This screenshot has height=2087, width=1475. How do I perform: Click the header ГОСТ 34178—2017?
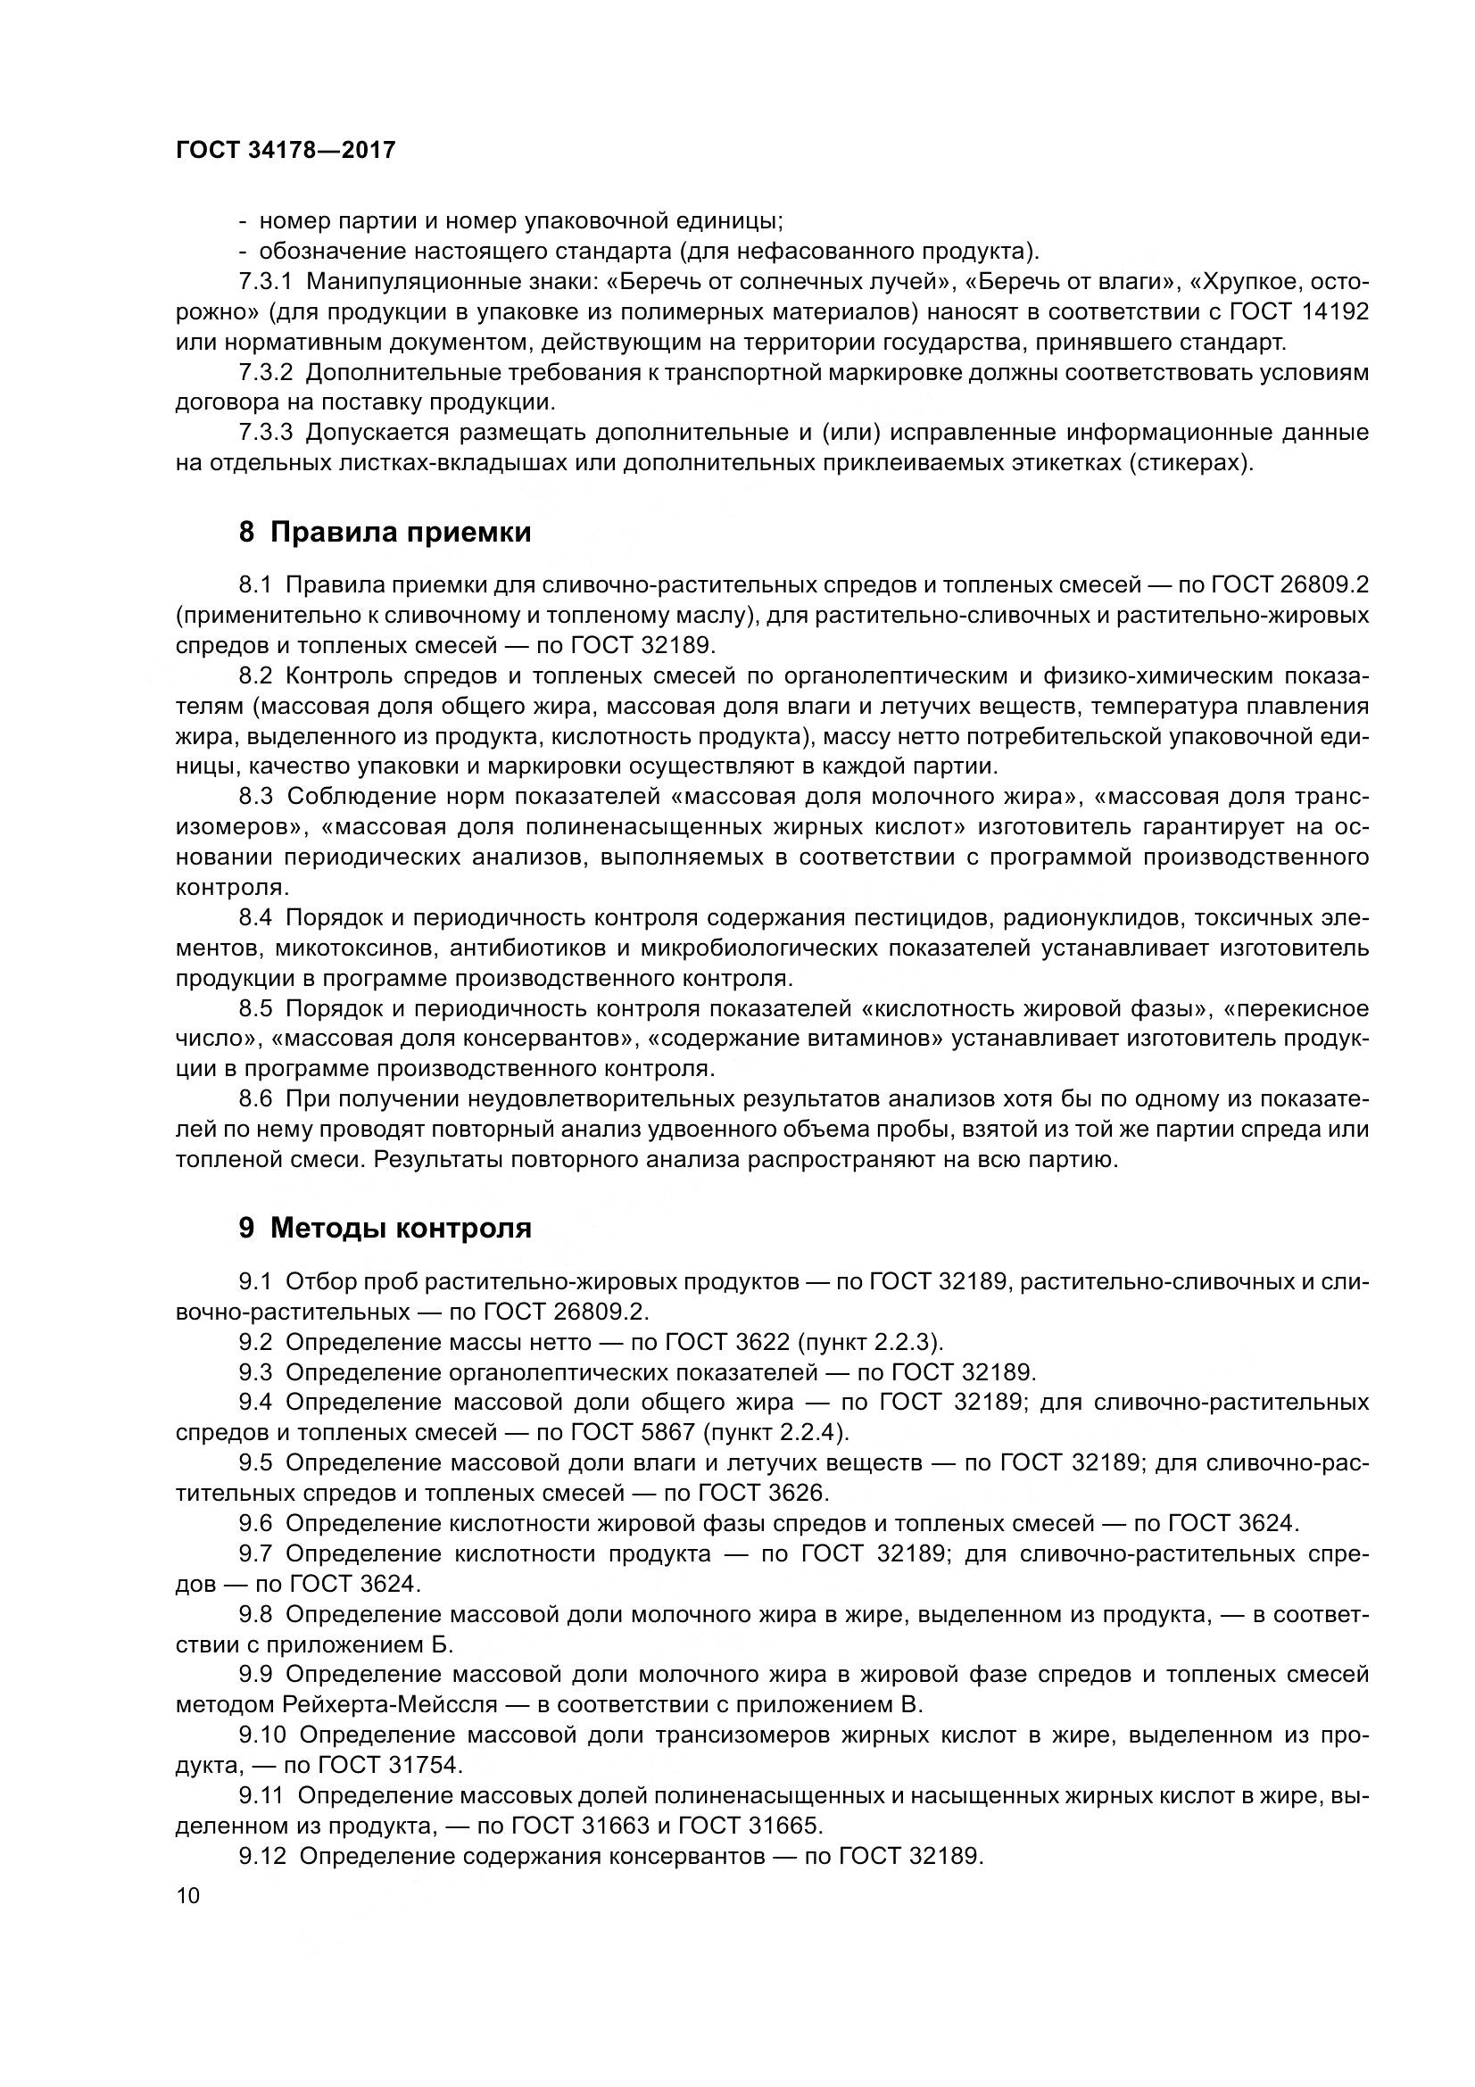pos(286,151)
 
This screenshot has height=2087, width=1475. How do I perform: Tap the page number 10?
pos(188,1895)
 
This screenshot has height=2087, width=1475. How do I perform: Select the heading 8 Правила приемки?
pos(385,532)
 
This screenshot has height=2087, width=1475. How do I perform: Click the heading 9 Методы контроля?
pos(385,1228)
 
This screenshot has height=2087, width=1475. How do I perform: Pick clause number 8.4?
pos(255,918)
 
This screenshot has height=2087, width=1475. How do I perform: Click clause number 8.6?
pos(255,1099)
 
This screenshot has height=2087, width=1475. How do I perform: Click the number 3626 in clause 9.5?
pos(794,1493)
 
